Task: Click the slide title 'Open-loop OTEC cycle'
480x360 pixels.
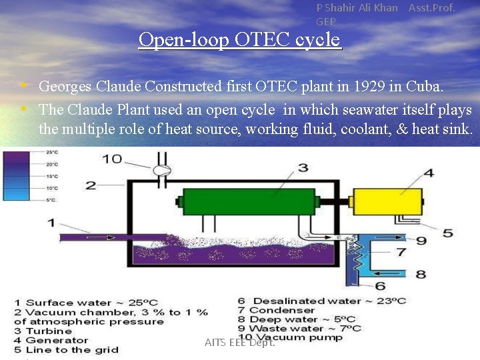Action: click(x=239, y=40)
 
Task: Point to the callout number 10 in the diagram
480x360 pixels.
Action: click(x=111, y=159)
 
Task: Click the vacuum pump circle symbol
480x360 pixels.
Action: click(x=161, y=171)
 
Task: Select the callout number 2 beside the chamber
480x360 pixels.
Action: click(x=91, y=185)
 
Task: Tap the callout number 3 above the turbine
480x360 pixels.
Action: click(x=303, y=167)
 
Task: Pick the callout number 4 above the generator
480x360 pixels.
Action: click(x=428, y=173)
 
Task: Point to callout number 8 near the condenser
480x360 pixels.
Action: click(x=421, y=273)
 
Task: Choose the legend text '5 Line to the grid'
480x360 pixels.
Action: click(x=66, y=349)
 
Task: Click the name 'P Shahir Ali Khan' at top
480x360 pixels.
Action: click(x=357, y=8)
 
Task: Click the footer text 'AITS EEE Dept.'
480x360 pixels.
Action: click(x=240, y=342)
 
